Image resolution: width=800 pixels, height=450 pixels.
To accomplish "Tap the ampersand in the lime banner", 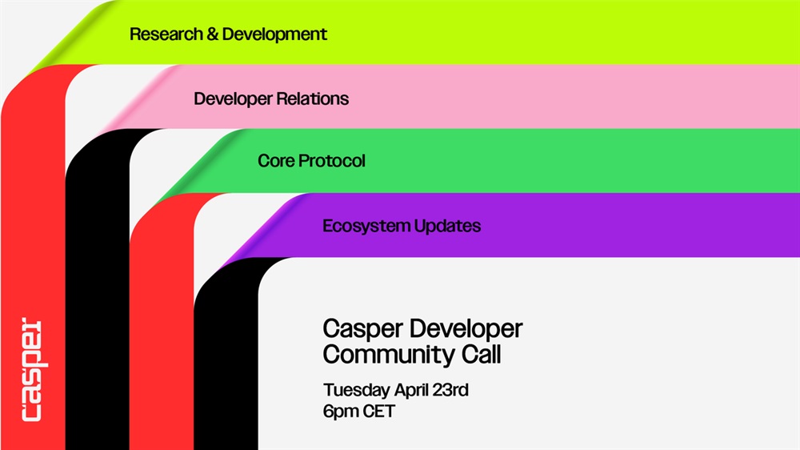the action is coord(212,34).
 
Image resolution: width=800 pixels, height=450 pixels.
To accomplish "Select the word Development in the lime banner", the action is coord(274,34).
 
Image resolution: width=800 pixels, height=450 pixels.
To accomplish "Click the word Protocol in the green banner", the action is coord(332,161).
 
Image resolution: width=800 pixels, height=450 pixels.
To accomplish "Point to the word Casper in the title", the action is coord(362,329).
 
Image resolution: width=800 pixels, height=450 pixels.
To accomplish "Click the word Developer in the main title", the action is coord(465,329).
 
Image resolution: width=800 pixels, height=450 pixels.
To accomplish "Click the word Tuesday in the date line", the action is coord(357,390).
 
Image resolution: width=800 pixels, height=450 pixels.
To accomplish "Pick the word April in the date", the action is coord(411,390).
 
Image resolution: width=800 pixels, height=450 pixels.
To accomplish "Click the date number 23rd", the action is coord(450,390).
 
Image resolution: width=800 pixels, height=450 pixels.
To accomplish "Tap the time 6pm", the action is coord(341,412).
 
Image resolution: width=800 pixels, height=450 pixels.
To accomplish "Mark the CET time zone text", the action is coord(378,412).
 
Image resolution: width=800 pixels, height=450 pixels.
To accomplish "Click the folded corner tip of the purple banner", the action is coord(221,267).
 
